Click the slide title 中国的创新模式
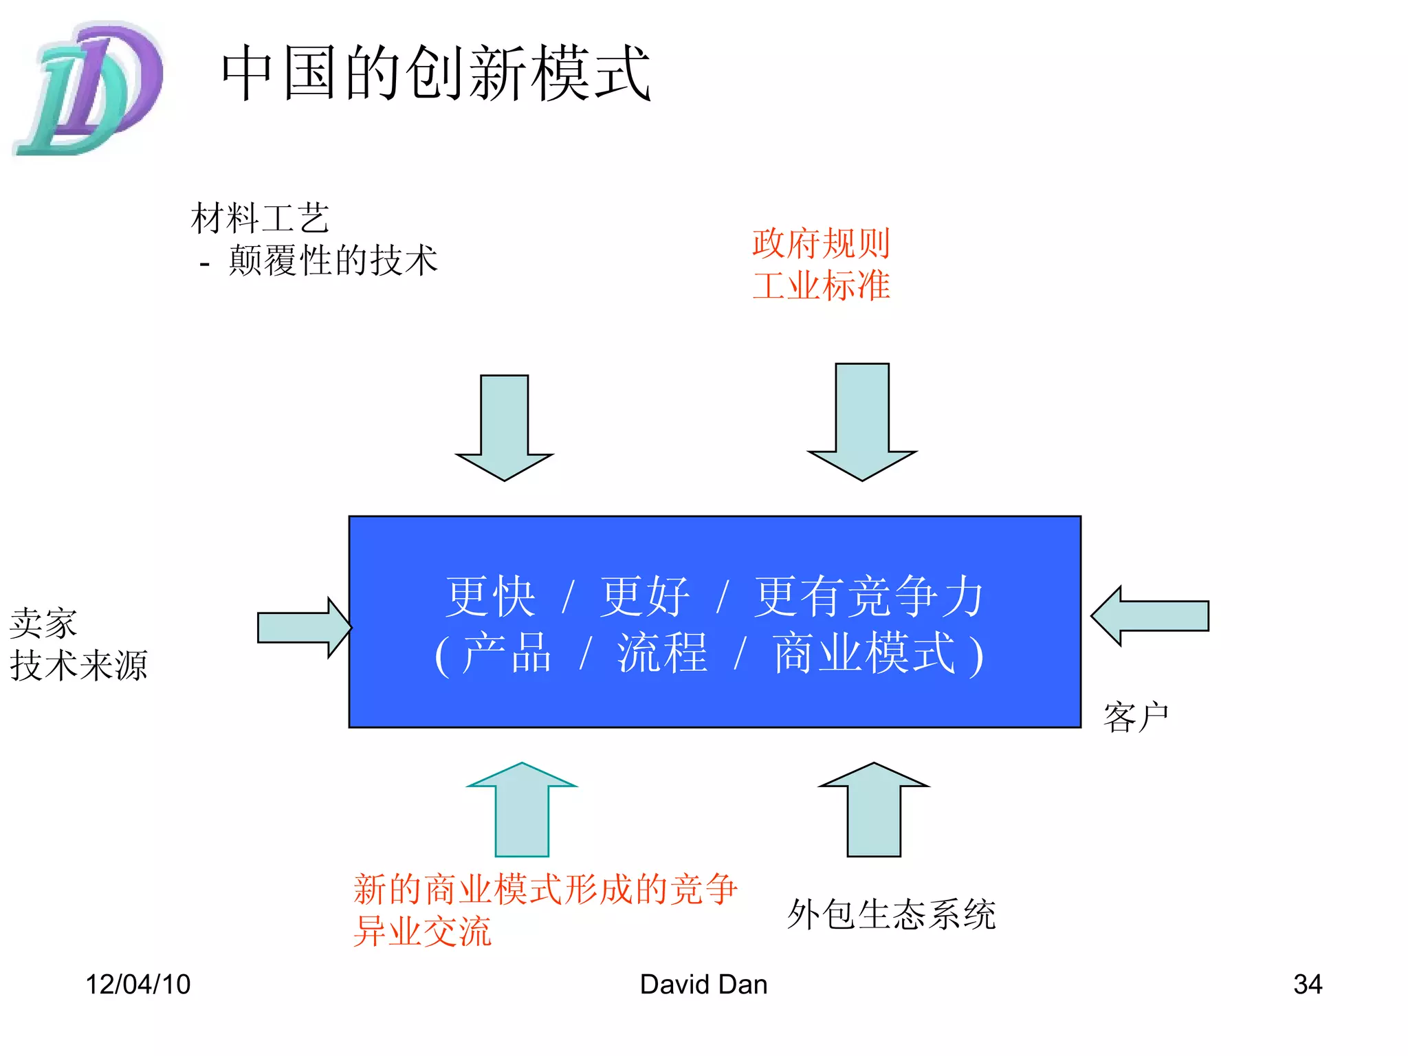(435, 73)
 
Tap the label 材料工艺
(260, 218)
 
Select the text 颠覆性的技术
(333, 261)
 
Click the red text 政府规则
(821, 243)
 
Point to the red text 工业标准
(821, 285)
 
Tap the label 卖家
(43, 623)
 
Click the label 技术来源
(78, 665)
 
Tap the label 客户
(1136, 717)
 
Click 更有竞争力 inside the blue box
(869, 597)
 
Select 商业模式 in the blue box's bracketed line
(863, 653)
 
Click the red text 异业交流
(422, 932)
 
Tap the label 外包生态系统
(891, 914)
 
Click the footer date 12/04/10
(137, 984)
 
